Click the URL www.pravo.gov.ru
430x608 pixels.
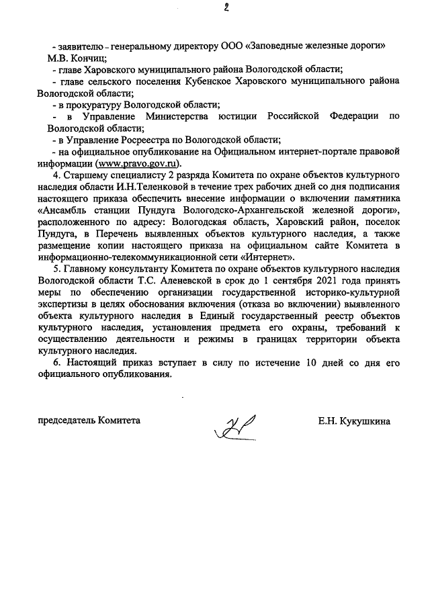tap(140, 163)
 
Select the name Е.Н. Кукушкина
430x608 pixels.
tap(355, 421)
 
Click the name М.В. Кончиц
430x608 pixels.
tap(71, 58)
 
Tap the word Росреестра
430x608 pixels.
tap(150, 140)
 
